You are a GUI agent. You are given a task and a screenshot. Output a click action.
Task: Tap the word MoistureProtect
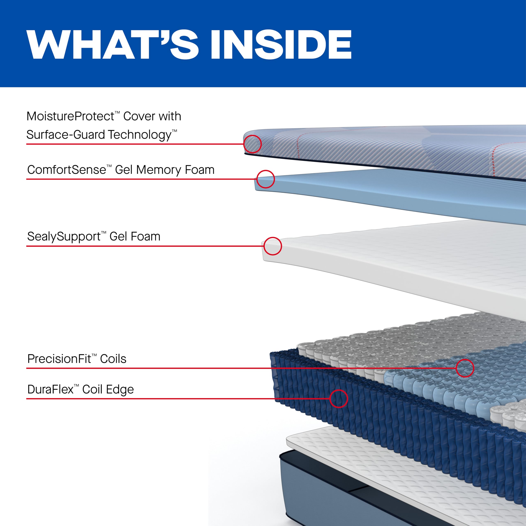coord(70,117)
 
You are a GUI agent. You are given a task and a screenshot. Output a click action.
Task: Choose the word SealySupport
coord(64,236)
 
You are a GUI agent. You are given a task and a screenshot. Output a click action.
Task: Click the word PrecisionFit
coord(59,359)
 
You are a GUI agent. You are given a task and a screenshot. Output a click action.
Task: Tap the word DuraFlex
coord(50,389)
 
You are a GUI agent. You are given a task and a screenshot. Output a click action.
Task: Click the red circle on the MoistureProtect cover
coord(252,144)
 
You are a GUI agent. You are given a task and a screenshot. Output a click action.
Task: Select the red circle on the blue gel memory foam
coord(265,179)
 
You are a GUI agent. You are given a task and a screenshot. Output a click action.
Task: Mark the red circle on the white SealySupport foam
coord(272,246)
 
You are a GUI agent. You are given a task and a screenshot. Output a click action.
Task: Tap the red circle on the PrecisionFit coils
coord(465,368)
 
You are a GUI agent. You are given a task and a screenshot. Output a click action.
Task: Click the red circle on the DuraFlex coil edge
coord(338,399)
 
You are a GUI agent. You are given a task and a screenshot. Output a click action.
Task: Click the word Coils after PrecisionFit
coord(113,359)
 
